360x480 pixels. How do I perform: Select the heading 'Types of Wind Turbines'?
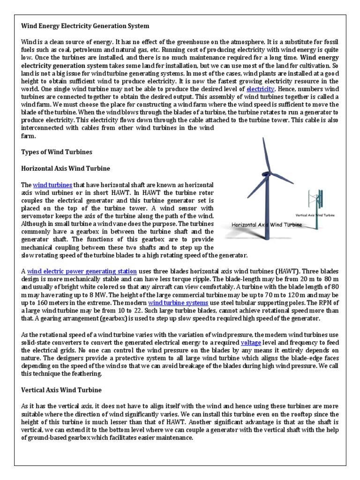pyautogui.click(x=57, y=152)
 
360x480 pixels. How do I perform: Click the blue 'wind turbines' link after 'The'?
pyautogui.click(x=52, y=185)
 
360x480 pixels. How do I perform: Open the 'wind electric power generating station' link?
pyautogui.click(x=82, y=271)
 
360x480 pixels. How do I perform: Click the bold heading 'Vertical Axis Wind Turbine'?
pyautogui.click(x=61, y=390)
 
